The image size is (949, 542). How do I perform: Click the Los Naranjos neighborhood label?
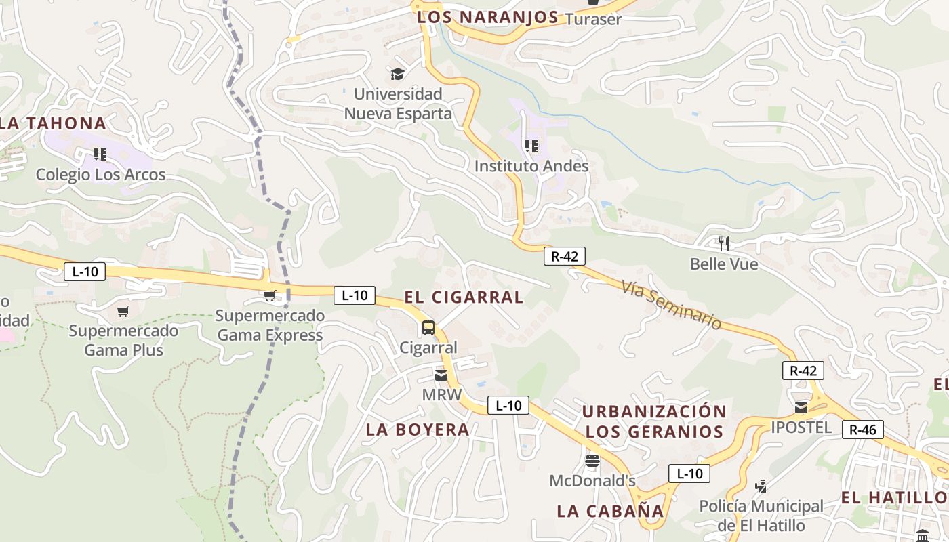487,17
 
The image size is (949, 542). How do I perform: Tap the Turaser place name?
593,19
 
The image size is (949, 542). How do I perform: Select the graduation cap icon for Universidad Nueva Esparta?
397,74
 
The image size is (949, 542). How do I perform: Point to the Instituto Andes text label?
531,165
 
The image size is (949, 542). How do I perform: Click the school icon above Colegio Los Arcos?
100,154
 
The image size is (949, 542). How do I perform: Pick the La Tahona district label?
53,123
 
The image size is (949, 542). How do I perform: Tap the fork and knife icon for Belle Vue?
724,244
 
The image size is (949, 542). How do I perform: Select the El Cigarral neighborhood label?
464,297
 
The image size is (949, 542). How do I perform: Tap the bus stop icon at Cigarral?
428,328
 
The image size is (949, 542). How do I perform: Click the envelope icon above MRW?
441,375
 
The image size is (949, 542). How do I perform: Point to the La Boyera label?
418,429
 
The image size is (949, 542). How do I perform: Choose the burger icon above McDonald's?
592,461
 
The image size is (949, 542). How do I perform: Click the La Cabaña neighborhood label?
610,511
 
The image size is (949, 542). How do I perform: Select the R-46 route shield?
863,429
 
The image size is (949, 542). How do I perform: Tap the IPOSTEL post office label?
801,427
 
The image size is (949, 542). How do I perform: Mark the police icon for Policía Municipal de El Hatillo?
761,486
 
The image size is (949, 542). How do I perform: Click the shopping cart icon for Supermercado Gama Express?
269,296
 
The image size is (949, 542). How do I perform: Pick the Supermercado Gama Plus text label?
123,340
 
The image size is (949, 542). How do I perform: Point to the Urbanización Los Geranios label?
654,421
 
